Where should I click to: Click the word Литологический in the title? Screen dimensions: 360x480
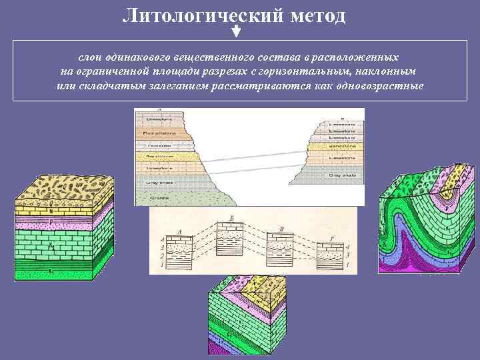(203, 14)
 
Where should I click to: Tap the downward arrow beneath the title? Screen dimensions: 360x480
(235, 32)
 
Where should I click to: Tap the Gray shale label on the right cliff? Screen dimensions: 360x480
(340, 175)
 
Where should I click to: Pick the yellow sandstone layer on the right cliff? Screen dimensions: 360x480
(340, 144)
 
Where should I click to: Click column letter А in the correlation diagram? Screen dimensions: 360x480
(179, 232)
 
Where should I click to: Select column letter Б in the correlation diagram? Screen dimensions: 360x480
(231, 219)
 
